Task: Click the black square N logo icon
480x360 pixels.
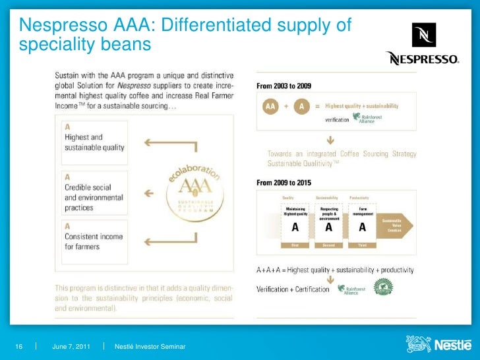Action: (x=424, y=35)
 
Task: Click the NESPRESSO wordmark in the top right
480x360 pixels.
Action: (x=422, y=59)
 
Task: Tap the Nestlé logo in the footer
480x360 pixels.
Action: (x=438, y=345)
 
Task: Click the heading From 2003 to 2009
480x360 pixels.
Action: (x=284, y=86)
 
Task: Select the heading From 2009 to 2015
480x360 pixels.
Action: (x=284, y=183)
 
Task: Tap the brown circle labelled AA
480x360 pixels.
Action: (x=270, y=105)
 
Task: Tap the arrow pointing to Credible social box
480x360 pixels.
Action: (x=150, y=195)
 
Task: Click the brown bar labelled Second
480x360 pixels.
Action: (x=328, y=245)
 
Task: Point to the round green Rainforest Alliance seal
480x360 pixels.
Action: (x=383, y=287)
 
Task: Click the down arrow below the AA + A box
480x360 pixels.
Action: (x=330, y=140)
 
